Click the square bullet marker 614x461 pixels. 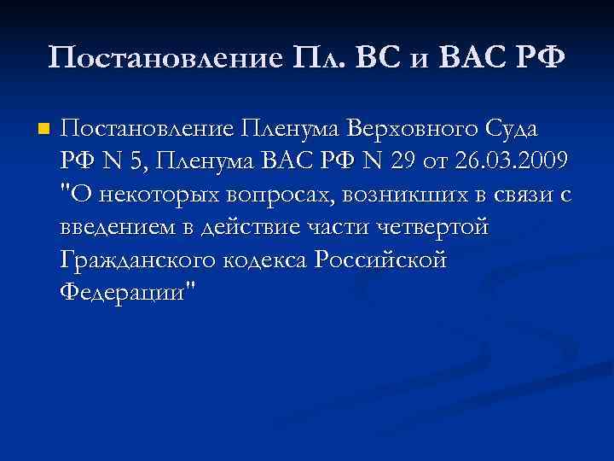[x=43, y=130]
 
